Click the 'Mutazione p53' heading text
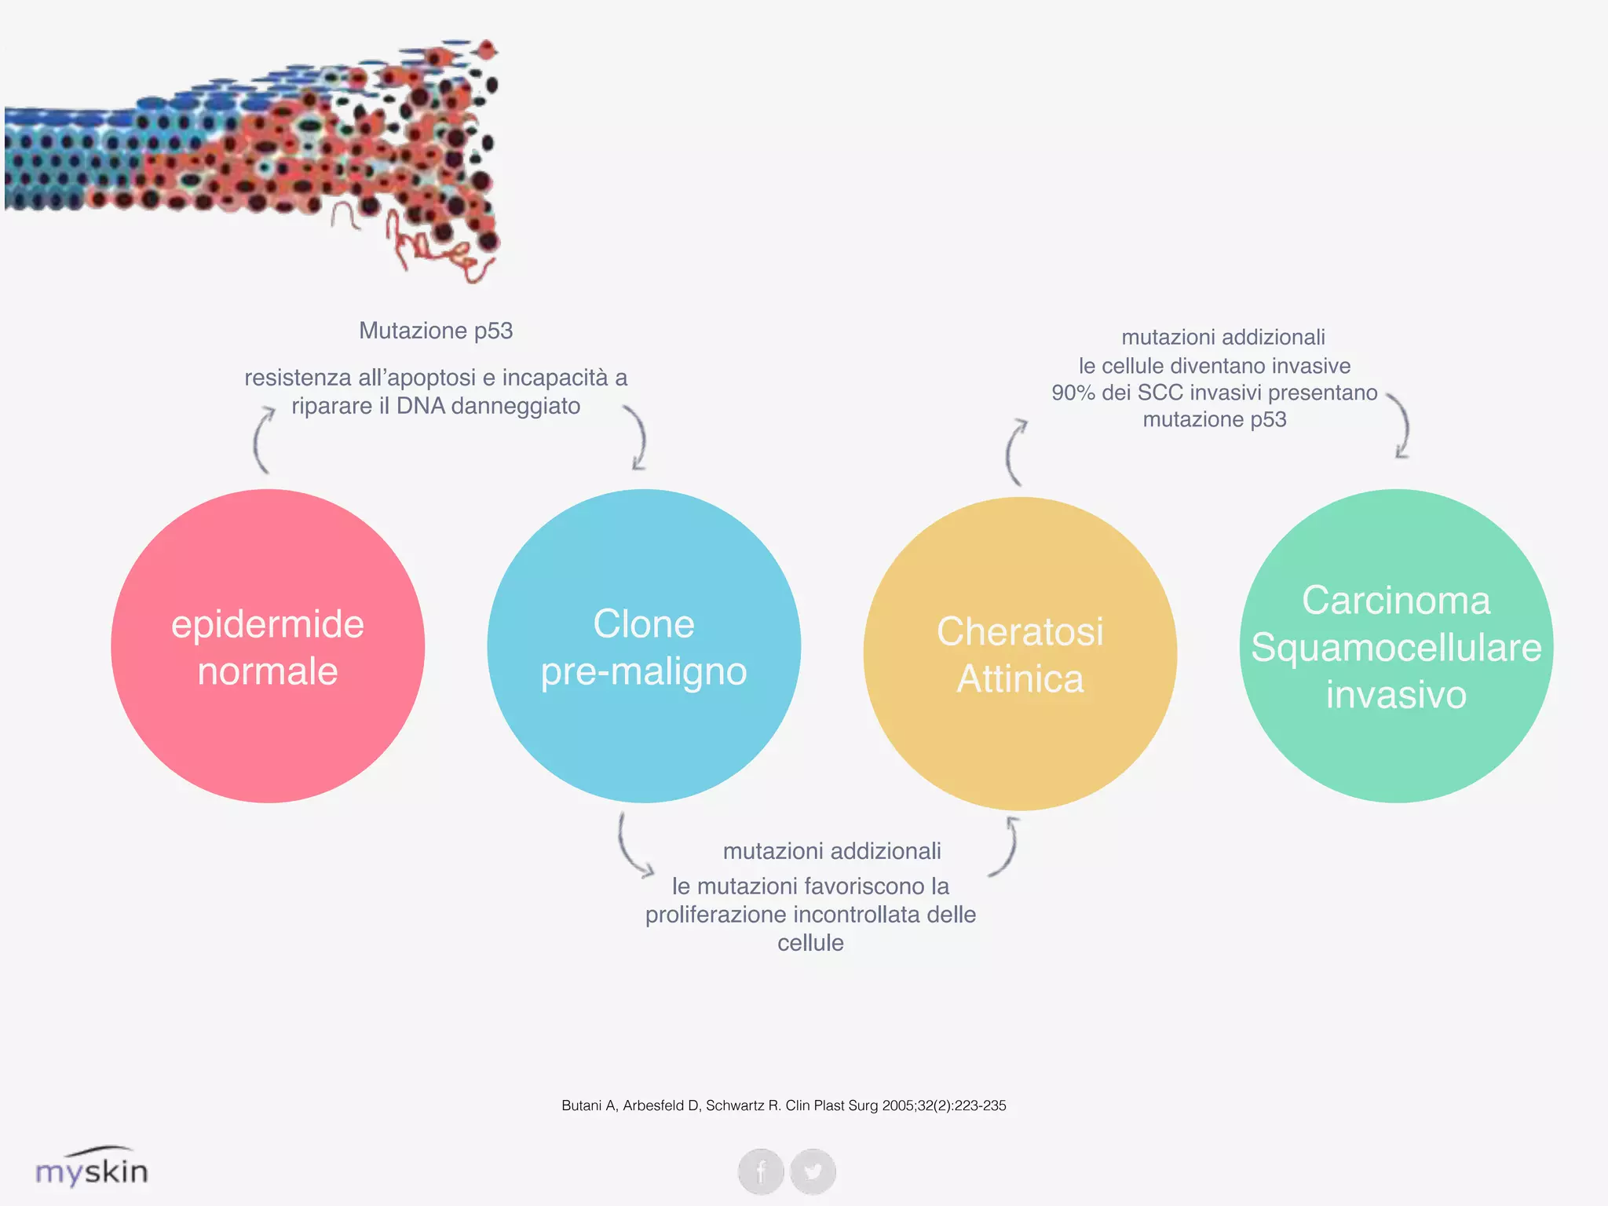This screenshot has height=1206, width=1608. pos(436,331)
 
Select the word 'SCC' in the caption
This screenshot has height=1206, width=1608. pos(1160,393)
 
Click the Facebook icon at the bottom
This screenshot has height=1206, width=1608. pos(761,1171)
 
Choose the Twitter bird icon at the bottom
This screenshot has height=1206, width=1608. pos(813,1171)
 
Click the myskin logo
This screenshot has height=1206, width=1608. pos(92,1168)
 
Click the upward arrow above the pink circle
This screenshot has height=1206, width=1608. pos(262,440)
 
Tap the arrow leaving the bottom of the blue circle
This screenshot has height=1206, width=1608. pos(631,846)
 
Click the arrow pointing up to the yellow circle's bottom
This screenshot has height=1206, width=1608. pos(1007,846)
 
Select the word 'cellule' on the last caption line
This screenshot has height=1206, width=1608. pos(810,943)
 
